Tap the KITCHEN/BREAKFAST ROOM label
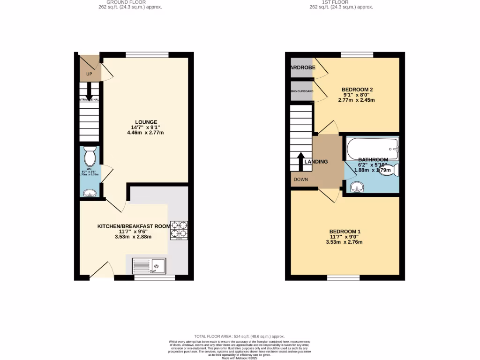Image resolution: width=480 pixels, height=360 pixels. [x=134, y=226]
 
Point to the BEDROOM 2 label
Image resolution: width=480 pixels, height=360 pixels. [x=357, y=90]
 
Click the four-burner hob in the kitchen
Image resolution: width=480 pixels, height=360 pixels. [x=179, y=229]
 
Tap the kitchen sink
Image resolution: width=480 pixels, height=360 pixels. [x=149, y=266]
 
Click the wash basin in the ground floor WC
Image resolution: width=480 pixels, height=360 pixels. [x=89, y=192]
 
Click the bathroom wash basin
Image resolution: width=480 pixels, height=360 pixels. [x=357, y=187]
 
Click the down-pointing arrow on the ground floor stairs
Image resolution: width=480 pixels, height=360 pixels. [x=89, y=92]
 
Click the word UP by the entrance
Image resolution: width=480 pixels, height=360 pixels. [x=89, y=75]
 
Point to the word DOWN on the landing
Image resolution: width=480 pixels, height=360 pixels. [x=301, y=180]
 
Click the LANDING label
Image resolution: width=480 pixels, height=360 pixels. [x=315, y=162]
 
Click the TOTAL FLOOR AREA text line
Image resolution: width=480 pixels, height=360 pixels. [x=240, y=337]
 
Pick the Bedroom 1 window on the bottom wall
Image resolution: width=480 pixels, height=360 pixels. [x=344, y=278]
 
